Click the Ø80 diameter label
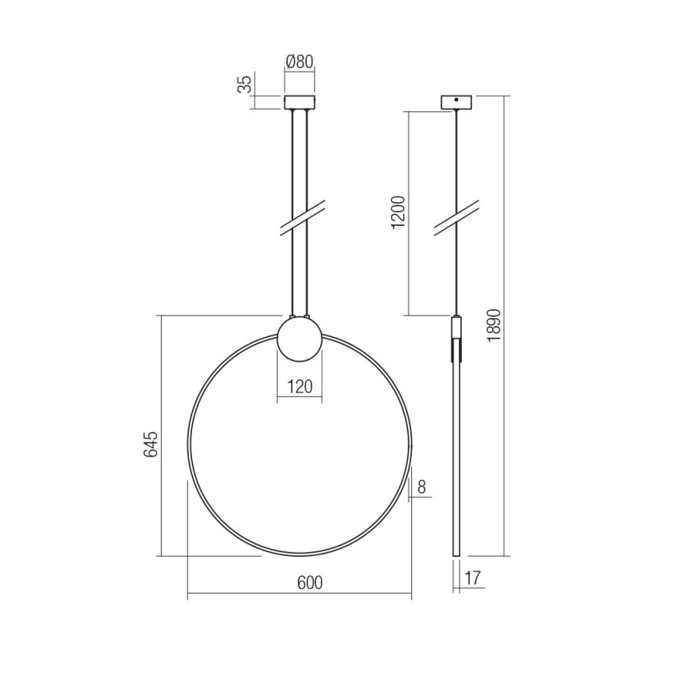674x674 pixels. click(x=300, y=62)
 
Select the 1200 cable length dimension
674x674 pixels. click(x=399, y=212)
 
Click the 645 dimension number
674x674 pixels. click(x=151, y=444)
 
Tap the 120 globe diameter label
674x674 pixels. click(x=299, y=387)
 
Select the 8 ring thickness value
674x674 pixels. click(x=421, y=485)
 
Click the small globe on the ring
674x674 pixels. click(x=299, y=338)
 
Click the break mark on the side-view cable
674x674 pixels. click(x=457, y=215)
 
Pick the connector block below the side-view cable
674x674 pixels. click(x=457, y=327)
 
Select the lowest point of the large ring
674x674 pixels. click(x=300, y=555)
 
